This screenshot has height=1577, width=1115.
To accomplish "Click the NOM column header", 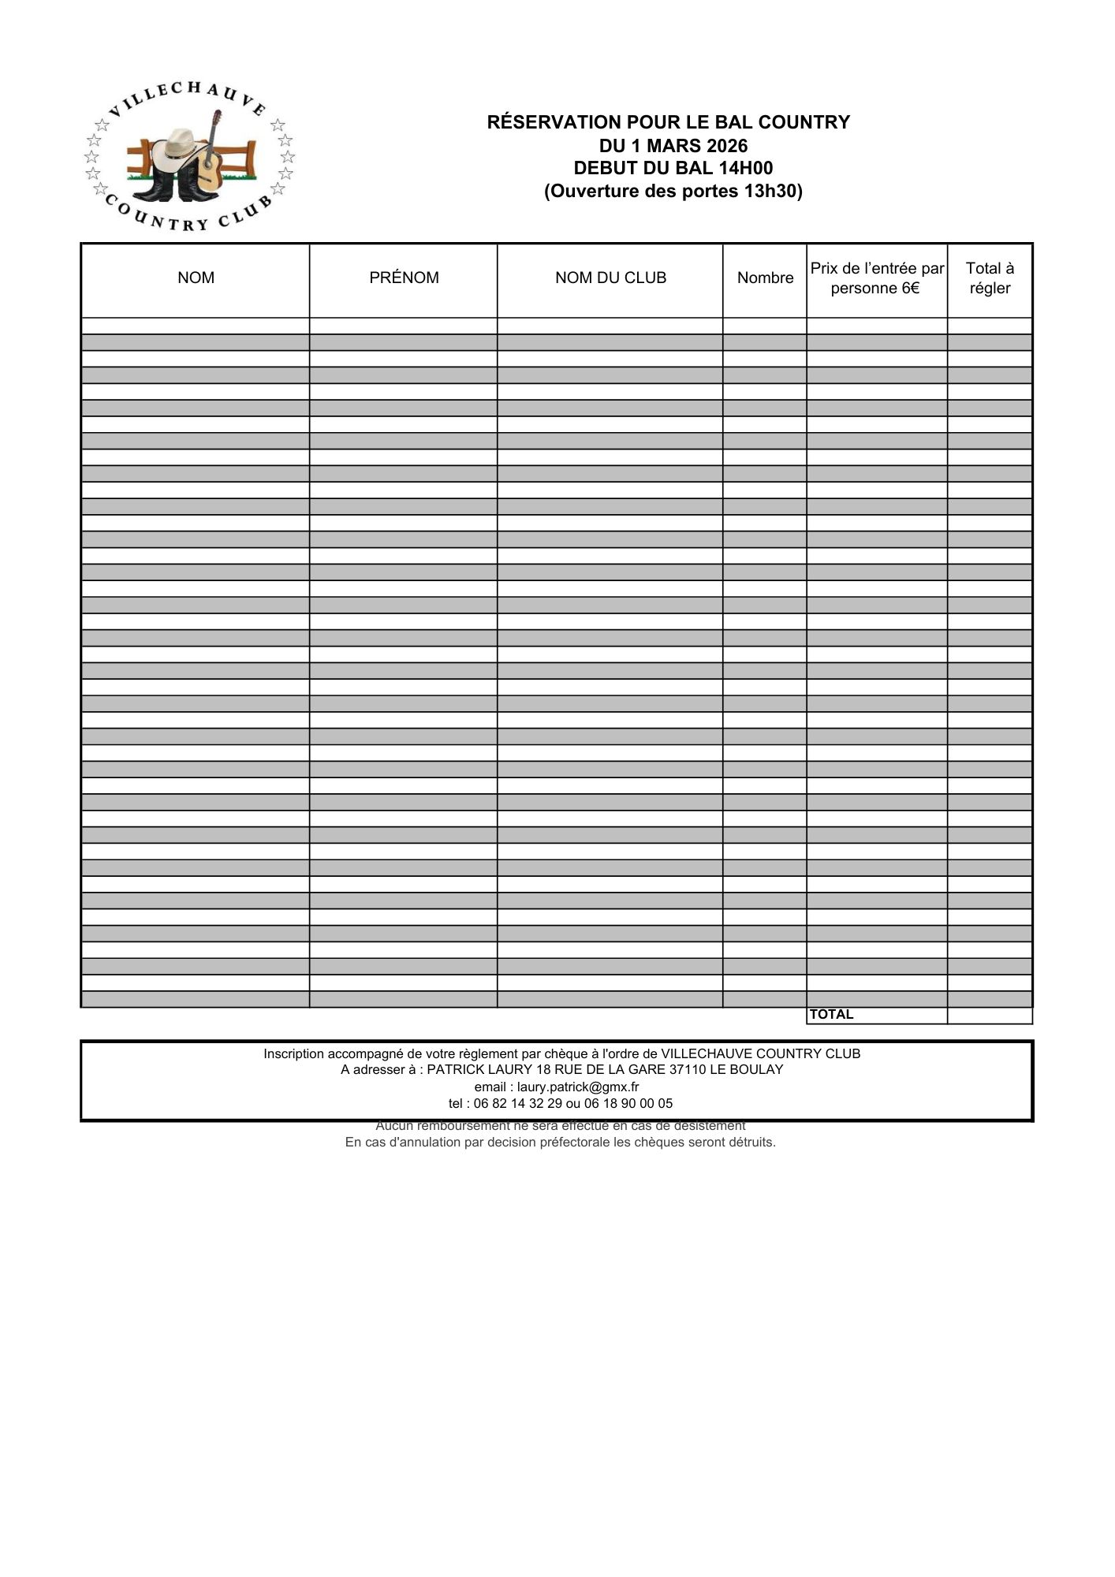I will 196,278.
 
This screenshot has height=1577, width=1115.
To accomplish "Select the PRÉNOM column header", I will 404,278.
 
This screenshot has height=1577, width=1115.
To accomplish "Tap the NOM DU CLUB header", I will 610,278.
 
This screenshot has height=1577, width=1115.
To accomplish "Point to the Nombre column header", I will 765,278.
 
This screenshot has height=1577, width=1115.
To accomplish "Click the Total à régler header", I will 990,278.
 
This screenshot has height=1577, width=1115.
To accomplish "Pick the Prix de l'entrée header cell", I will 877,278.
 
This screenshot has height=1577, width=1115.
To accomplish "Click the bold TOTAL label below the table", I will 832,1015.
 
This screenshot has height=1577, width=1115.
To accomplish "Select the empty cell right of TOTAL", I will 990,1016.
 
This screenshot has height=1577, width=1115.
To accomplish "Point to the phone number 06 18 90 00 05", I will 628,1104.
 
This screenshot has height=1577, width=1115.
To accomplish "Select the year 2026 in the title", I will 727,146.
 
